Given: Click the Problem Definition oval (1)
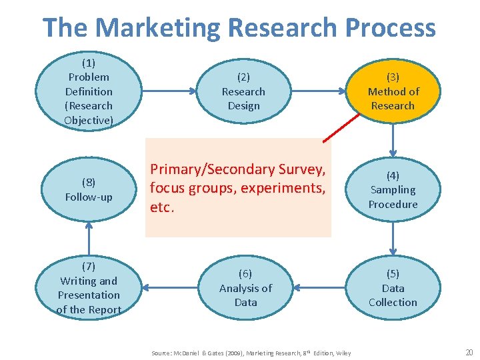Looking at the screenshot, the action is coord(89,91).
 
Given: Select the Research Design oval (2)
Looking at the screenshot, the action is coord(243,91).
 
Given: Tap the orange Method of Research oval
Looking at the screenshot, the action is coord(393,91).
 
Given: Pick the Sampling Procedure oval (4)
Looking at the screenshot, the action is coord(393,190).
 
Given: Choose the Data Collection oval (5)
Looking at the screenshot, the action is coord(393,288).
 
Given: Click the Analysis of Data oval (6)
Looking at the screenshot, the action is coord(245,288).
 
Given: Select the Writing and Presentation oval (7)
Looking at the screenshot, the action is coord(89,288).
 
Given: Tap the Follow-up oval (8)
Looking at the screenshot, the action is coord(89,190).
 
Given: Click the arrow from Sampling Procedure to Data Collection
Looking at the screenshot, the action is coord(393,239).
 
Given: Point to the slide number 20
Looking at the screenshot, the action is coord(468,352).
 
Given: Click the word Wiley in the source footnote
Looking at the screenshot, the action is coord(344,353).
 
